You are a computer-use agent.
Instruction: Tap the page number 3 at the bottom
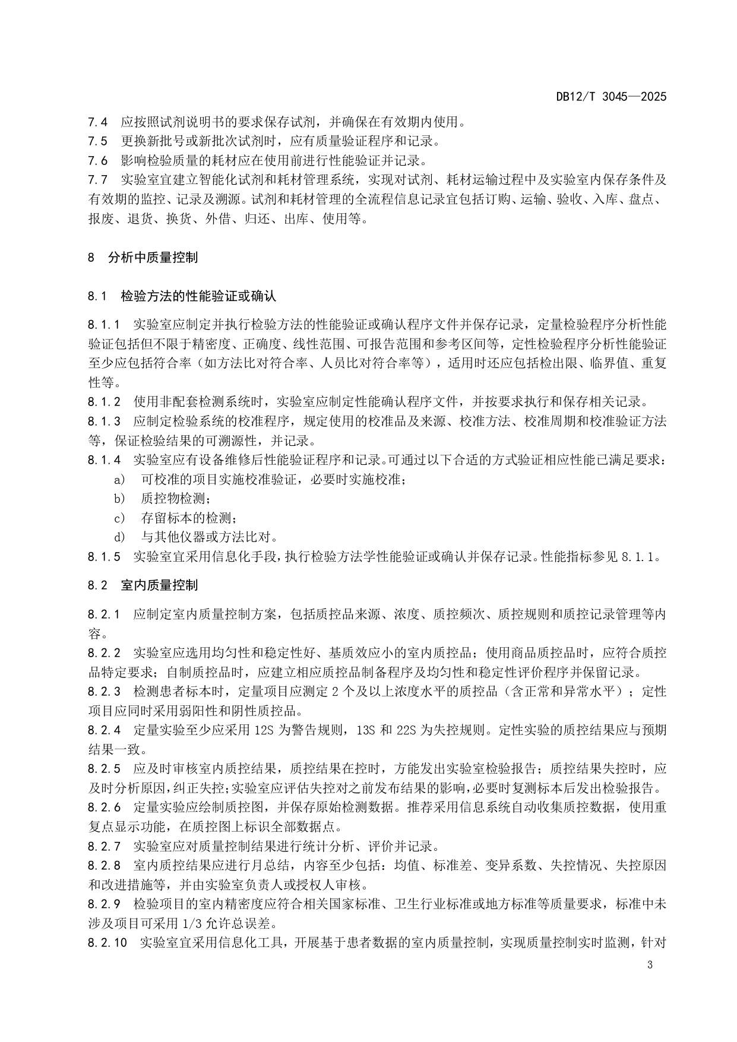pyautogui.click(x=650, y=964)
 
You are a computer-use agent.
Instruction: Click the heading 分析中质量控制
pyautogui.click(x=153, y=257)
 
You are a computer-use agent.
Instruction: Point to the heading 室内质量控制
pyautogui.click(x=159, y=585)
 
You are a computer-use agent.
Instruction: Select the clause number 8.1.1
pyautogui.click(x=104, y=325)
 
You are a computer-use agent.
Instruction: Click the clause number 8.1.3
pyautogui.click(x=104, y=422)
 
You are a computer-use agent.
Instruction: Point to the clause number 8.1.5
pyautogui.click(x=104, y=556)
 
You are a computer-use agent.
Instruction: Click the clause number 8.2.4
pyautogui.click(x=104, y=730)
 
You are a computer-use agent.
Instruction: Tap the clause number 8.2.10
pyautogui.click(x=107, y=942)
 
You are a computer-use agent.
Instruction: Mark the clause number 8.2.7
pyautogui.click(x=104, y=845)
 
